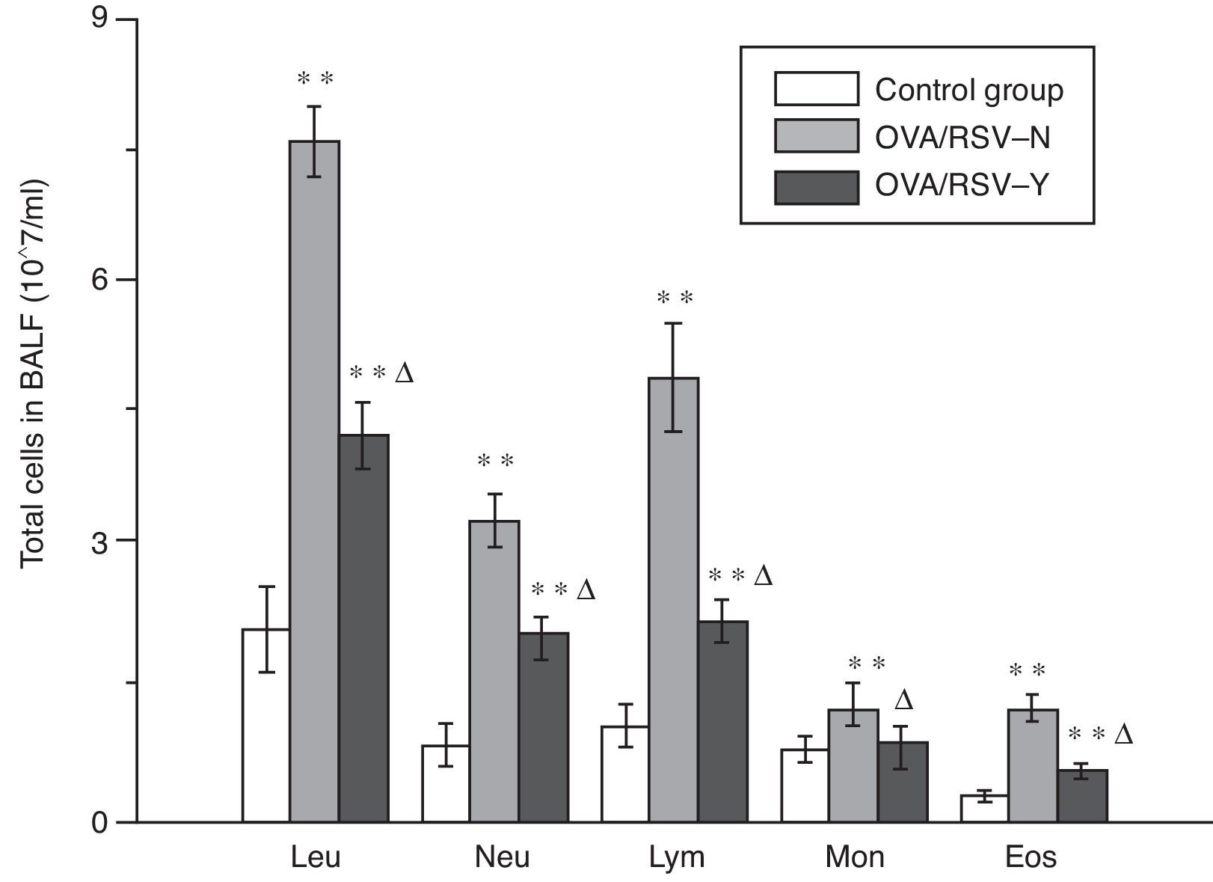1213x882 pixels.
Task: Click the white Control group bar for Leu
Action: [266, 726]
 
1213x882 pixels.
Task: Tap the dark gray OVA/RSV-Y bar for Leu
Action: [363, 628]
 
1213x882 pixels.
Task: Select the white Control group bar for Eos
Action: [984, 809]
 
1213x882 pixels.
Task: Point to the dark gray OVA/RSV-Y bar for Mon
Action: [903, 782]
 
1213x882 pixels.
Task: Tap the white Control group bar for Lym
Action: [625, 774]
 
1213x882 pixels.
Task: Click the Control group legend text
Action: [969, 91]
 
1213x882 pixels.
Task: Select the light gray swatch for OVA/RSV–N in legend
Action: [816, 136]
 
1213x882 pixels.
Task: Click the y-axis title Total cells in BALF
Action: [33, 374]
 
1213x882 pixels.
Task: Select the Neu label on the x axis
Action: [503, 857]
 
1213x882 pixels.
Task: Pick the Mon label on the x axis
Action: [854, 857]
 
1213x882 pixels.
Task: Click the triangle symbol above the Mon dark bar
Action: [903, 700]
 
